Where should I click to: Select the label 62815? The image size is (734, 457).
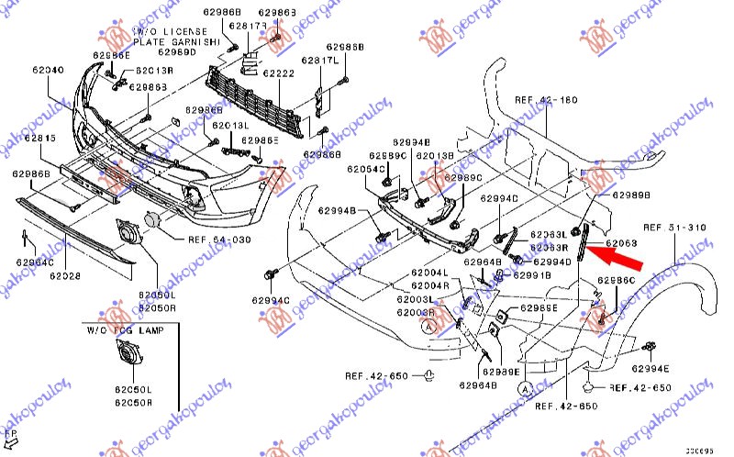coord(40,138)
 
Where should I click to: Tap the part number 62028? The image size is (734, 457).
coord(66,274)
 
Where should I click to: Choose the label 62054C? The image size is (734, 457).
coord(366,170)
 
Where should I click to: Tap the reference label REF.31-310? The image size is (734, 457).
coord(675,227)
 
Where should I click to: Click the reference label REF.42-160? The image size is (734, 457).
coord(547,101)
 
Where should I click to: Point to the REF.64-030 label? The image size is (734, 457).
coord(218,240)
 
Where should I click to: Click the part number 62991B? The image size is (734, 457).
coord(531,274)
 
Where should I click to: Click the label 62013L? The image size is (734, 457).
coord(230,125)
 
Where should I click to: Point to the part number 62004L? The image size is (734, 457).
coord(429,273)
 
